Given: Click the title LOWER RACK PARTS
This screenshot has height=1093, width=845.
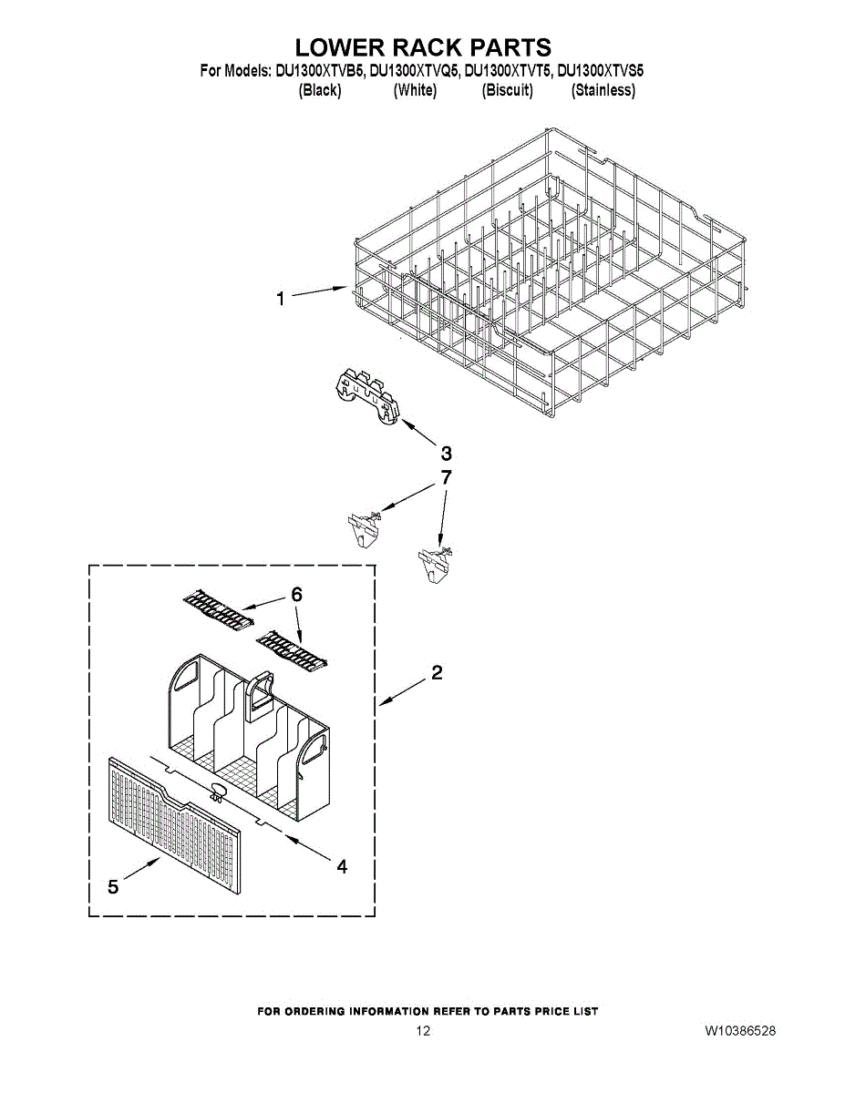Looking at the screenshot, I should tap(423, 47).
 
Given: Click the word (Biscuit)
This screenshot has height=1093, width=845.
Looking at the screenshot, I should tap(507, 90).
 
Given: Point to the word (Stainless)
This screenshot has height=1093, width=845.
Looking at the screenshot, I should tap(603, 90).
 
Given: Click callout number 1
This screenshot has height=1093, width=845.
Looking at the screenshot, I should tap(282, 299).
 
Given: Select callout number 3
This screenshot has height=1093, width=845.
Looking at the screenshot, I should tap(447, 453).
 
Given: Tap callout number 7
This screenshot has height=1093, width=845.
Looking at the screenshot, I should tap(446, 477).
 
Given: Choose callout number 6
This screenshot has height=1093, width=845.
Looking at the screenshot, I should tap(296, 594).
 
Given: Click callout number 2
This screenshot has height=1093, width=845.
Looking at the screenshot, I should tap(437, 673).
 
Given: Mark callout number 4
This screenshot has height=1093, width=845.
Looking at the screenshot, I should tap(342, 867).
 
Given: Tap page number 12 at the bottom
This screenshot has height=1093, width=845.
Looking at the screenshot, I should tap(423, 1031).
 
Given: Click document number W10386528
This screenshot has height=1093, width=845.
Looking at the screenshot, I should tap(739, 1031).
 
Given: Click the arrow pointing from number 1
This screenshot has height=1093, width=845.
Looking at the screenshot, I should tap(319, 291).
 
